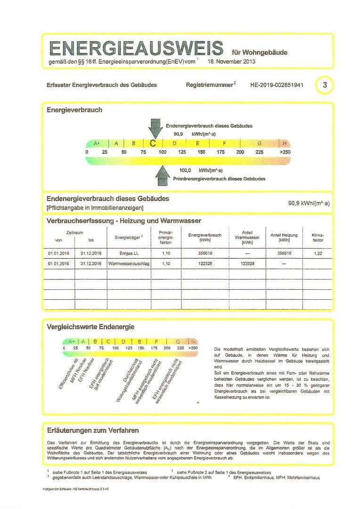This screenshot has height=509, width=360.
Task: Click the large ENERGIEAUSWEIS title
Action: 136,49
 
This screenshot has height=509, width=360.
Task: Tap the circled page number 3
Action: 325,85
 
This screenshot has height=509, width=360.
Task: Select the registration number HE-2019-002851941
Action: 277,86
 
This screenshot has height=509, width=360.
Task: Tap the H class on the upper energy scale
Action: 285,143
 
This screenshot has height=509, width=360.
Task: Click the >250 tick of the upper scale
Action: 285,152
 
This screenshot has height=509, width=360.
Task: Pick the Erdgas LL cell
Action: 129,253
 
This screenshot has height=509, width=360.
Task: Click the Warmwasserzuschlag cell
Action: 129,264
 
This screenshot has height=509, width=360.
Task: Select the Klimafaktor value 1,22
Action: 318,253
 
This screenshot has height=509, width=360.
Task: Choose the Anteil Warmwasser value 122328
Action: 247,264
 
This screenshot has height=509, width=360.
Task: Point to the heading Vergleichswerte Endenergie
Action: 90,327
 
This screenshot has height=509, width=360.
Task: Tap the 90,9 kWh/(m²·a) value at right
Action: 309,204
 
